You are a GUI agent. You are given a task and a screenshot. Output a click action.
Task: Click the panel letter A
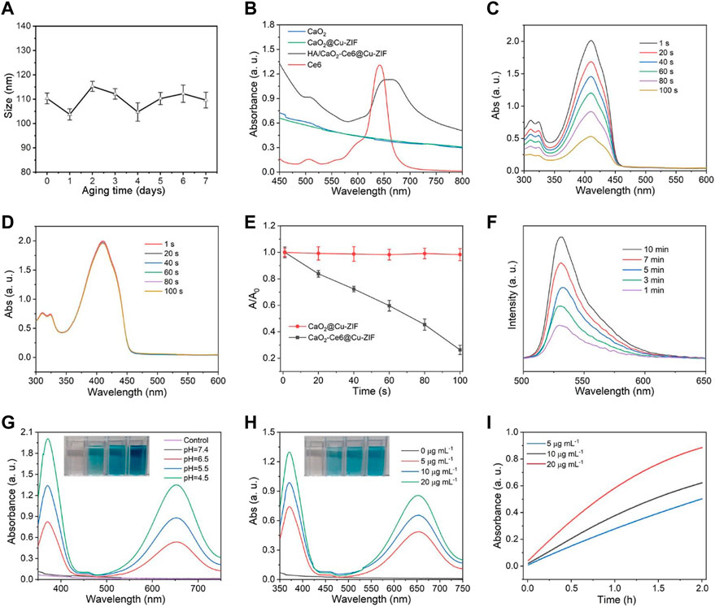pyautogui.click(x=8, y=8)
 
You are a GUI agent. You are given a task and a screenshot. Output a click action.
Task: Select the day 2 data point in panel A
pyautogui.click(x=93, y=86)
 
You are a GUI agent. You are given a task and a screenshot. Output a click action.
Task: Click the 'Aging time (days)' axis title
pyautogui.click(x=123, y=191)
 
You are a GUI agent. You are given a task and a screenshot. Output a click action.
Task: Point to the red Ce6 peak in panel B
pyautogui.click(x=379, y=65)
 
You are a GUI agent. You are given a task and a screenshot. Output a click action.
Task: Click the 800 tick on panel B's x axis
pyautogui.click(x=462, y=180)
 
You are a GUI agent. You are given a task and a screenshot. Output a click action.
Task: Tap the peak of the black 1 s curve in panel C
pyautogui.click(x=591, y=41)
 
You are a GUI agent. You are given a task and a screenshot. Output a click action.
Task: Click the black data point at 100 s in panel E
pyautogui.click(x=460, y=349)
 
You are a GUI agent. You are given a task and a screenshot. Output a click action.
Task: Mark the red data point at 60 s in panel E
pyautogui.click(x=389, y=254)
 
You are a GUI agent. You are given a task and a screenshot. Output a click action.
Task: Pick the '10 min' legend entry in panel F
pyautogui.click(x=645, y=249)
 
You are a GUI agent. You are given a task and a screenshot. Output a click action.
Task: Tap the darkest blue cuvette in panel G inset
pyautogui.click(x=138, y=457)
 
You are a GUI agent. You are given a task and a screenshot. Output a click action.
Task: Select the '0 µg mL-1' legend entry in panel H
pyautogui.click(x=428, y=450)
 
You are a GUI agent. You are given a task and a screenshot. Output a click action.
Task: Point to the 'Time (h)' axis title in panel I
pyautogui.click(x=617, y=600)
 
